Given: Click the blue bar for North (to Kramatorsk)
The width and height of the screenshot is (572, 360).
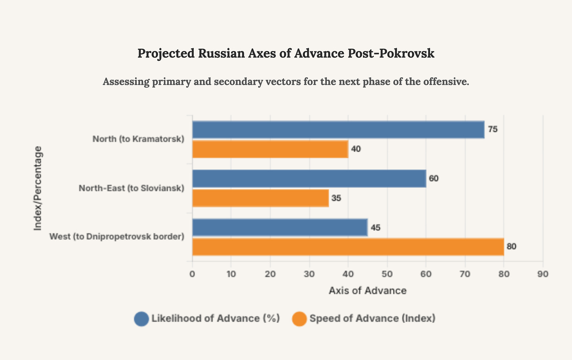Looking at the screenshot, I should [338, 130].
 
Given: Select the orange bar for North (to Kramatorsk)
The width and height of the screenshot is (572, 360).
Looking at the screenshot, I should [270, 149].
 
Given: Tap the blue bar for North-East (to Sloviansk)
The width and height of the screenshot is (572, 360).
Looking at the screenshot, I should [309, 179].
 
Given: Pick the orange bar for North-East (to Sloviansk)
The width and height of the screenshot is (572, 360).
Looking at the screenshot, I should [260, 198].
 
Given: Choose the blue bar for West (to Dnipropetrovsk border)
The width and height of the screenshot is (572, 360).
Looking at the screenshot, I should [280, 228].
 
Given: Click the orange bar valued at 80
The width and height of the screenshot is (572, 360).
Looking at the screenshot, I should [348, 247].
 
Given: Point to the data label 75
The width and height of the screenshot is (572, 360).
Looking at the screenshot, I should [493, 130].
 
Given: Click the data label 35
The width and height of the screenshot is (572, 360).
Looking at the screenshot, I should [336, 198].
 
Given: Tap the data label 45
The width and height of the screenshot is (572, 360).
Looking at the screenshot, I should [375, 228].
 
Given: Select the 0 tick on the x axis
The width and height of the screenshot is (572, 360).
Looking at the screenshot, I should [192, 274].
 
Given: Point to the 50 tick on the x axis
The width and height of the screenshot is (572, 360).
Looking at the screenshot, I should [387, 274].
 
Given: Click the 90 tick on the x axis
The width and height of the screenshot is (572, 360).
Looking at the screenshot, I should [543, 274].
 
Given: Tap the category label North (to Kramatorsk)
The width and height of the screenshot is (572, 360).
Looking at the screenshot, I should [138, 139].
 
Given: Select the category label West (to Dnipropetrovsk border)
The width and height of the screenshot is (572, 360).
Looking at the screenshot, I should [117, 237].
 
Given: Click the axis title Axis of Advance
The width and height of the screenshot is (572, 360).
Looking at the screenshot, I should [367, 291].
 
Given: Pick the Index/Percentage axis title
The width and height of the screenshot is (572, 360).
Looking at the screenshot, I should [38, 188].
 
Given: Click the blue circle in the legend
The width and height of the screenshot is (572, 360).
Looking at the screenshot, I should [141, 319].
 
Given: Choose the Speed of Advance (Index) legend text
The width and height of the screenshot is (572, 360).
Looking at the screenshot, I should [372, 318].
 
